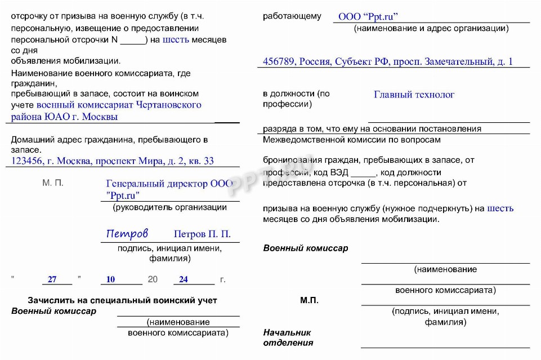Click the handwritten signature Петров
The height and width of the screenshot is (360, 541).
(127, 233)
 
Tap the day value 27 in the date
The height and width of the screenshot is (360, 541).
(52, 279)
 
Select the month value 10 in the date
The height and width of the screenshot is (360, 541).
(110, 279)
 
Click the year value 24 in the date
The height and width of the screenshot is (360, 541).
(184, 279)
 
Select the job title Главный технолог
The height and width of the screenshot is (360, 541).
(414, 95)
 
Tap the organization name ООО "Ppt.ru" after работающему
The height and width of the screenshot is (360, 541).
(372, 17)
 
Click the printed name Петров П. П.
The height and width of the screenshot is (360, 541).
(202, 234)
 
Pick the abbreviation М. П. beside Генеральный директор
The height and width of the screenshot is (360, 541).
(53, 183)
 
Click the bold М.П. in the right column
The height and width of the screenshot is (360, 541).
(309, 300)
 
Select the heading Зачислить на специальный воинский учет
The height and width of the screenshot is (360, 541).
(122, 300)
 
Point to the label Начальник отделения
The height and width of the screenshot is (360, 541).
(288, 337)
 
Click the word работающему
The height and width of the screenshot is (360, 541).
(292, 16)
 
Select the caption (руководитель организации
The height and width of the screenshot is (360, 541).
(169, 207)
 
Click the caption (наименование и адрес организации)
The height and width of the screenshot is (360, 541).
(431, 29)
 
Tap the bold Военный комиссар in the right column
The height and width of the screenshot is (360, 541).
(306, 248)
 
